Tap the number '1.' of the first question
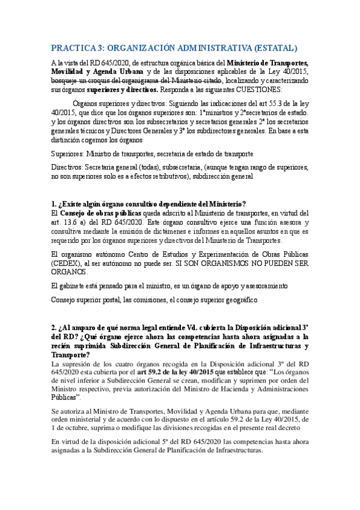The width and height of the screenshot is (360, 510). [x=55, y=203]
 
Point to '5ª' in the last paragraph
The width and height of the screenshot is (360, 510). [x=154, y=442]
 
